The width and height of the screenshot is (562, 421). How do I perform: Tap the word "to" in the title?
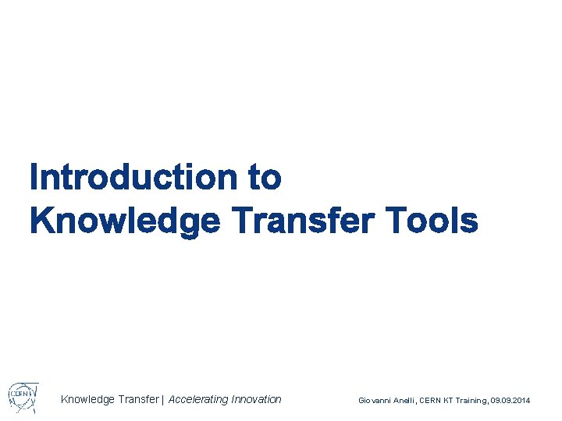[265, 178]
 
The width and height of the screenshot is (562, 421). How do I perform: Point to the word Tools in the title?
[433, 221]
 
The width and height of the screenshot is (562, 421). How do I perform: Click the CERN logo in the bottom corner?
[23, 397]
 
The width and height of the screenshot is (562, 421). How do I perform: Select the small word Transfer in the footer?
[138, 399]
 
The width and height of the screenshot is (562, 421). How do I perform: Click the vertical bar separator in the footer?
[163, 399]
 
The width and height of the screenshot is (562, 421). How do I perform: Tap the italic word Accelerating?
[199, 399]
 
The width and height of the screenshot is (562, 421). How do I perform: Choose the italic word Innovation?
[257, 399]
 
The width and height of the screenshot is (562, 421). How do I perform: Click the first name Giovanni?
[375, 400]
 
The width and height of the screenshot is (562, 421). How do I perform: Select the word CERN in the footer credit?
[432, 400]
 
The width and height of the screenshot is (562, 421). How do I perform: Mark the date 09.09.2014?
[510, 400]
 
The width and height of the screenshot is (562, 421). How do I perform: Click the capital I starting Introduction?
[34, 178]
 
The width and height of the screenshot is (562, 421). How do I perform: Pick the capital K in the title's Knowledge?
[41, 221]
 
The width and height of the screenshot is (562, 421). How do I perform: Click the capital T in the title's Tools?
[397, 221]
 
